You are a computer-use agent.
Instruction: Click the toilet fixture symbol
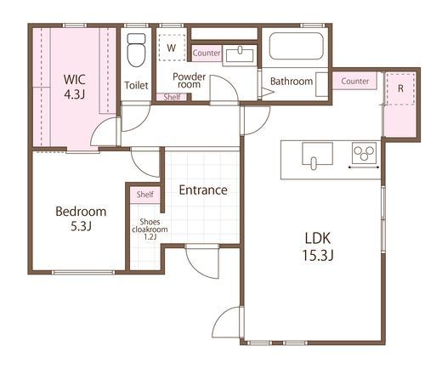pyautogui.click(x=136, y=50)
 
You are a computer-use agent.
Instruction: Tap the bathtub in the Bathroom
pyautogui.click(x=296, y=46)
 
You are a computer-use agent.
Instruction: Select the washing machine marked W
pyautogui.click(x=172, y=48)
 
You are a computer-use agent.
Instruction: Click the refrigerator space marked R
pyautogui.click(x=400, y=88)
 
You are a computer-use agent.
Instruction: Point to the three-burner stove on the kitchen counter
pyautogui.click(x=364, y=153)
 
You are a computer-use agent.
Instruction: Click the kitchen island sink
pyautogui.click(x=317, y=156)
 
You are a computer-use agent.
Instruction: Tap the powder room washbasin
pyautogui.click(x=240, y=54)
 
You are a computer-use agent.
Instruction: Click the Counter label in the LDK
pyautogui.click(x=355, y=81)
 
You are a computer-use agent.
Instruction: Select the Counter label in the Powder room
pyautogui.click(x=207, y=53)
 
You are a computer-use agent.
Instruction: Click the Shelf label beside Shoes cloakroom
pyautogui.click(x=145, y=195)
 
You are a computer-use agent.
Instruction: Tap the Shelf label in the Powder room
pyautogui.click(x=172, y=97)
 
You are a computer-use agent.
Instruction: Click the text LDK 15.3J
pyautogui.click(x=318, y=246)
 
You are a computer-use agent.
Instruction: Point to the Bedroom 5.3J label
pyautogui.click(x=81, y=218)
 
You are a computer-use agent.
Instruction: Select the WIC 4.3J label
pyautogui.click(x=75, y=87)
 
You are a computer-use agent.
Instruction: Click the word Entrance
pyautogui.click(x=203, y=190)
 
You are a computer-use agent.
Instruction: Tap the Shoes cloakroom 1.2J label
pyautogui.click(x=150, y=229)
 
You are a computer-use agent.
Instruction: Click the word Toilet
pyautogui.click(x=136, y=85)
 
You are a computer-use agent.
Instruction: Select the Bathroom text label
pyautogui.click(x=292, y=82)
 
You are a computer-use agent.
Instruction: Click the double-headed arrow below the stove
pyautogui.click(x=364, y=167)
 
